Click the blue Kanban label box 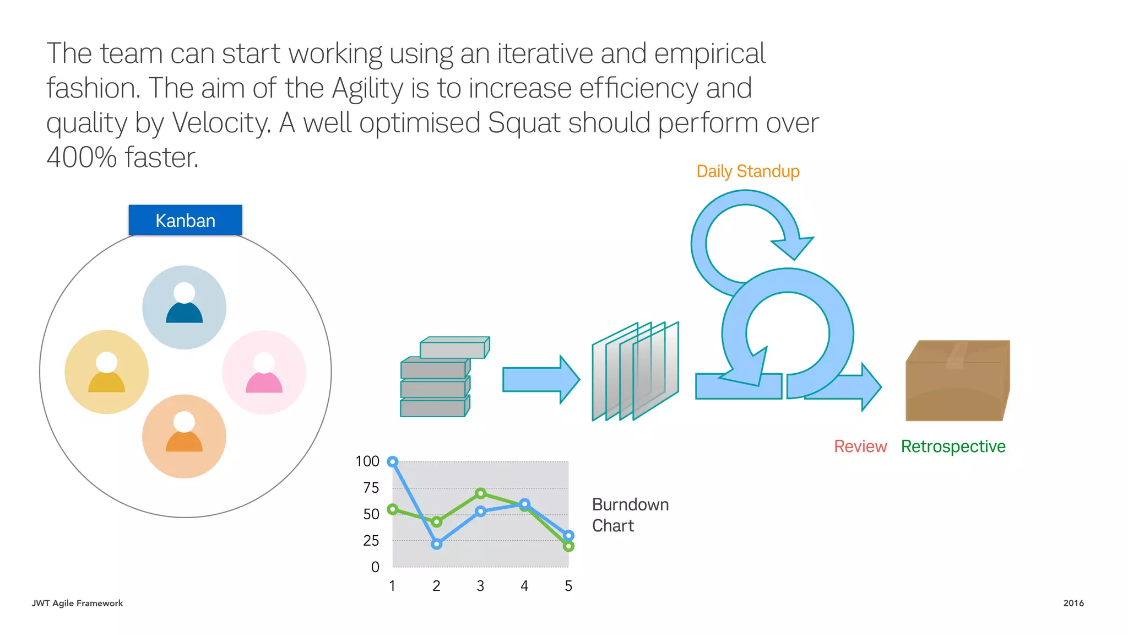[185, 220]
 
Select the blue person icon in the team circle [184, 307]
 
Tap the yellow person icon [106, 372]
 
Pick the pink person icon [264, 372]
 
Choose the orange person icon [184, 436]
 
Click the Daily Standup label [747, 171]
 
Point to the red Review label [860, 446]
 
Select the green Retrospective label [953, 446]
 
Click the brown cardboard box [957, 381]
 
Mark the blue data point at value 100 [393, 462]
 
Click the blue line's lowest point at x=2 [437, 544]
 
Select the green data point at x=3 [480, 493]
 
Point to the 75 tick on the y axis [371, 488]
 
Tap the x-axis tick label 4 [524, 586]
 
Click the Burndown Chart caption [630, 515]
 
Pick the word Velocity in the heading [221, 123]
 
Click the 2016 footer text [1073, 603]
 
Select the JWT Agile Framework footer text [77, 603]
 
